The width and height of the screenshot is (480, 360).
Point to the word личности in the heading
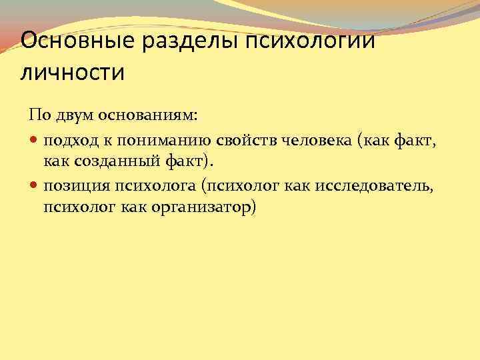tap(73, 72)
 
